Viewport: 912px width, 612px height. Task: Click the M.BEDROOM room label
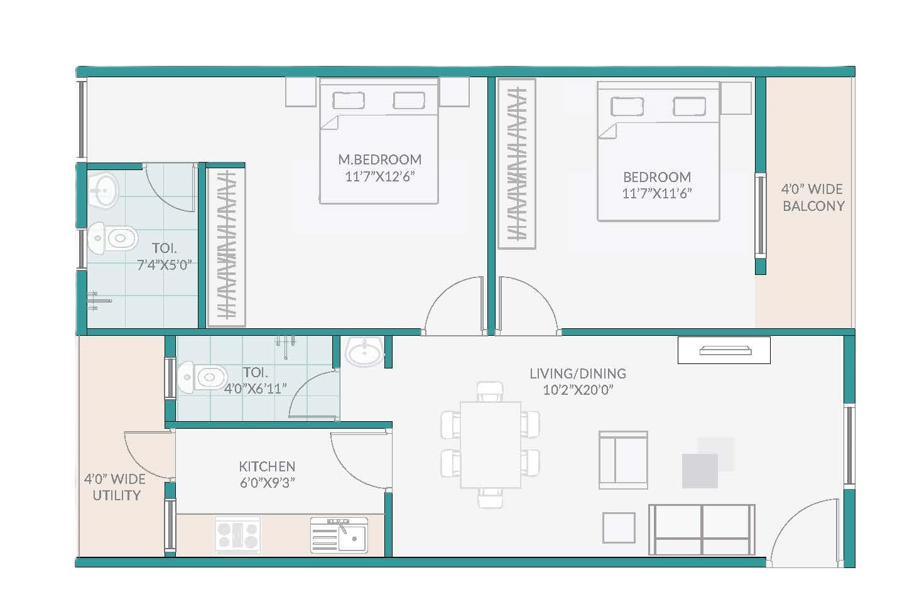click(379, 159)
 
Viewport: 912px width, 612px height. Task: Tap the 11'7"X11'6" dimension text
click(657, 193)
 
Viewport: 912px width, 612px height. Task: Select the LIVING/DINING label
click(578, 373)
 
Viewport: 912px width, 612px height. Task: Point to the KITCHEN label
click(267, 466)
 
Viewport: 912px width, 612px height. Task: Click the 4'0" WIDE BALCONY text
click(813, 197)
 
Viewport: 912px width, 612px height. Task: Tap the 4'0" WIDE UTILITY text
click(115, 487)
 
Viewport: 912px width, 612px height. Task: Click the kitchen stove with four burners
click(238, 535)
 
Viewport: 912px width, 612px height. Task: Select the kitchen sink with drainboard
click(339, 535)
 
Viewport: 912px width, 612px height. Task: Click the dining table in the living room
click(491, 444)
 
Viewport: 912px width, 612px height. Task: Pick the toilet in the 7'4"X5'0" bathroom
click(112, 238)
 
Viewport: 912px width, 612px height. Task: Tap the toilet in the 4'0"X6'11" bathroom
click(202, 377)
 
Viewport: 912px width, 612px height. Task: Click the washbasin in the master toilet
click(102, 191)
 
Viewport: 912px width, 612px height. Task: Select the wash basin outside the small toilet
click(364, 351)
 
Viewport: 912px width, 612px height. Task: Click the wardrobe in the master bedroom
click(226, 247)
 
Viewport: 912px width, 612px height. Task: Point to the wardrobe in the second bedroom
click(516, 164)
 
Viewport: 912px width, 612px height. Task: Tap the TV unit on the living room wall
click(724, 350)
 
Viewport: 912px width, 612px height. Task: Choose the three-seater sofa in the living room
click(702, 529)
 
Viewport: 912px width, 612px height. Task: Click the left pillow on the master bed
click(349, 100)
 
